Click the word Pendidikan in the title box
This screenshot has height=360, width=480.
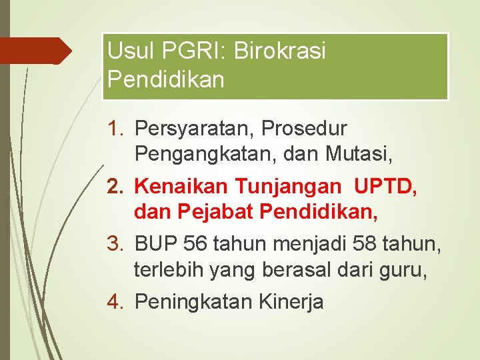[x=165, y=79]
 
